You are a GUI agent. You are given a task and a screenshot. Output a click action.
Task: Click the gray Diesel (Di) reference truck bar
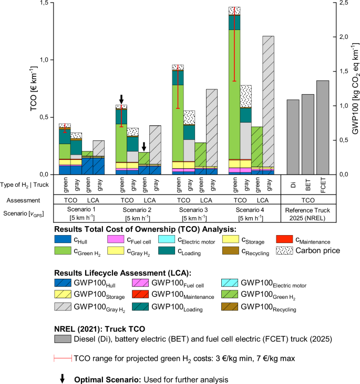293,137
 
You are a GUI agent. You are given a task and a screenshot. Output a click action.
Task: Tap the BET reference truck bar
308,134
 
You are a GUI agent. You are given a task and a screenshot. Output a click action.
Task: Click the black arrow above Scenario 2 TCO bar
121,99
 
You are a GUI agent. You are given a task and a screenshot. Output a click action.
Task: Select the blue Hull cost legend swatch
68,239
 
